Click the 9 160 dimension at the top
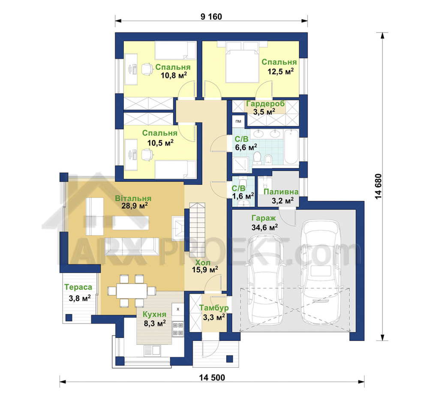pyautogui.click(x=211, y=17)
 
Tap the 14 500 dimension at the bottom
pyautogui.click(x=212, y=378)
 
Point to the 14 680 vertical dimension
pyautogui.click(x=378, y=186)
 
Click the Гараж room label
pyautogui.click(x=264, y=218)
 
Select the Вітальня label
pyautogui.click(x=133, y=198)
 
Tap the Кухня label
pyautogui.click(x=154, y=314)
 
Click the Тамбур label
pyautogui.click(x=214, y=307)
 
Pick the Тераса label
pyautogui.click(x=78, y=287)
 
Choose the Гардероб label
pyautogui.click(x=265, y=104)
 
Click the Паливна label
pyautogui.click(x=281, y=192)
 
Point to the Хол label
pyautogui.click(x=203, y=262)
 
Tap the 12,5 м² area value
pyautogui.click(x=280, y=71)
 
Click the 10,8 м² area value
pyautogui.click(x=174, y=75)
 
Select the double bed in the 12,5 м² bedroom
pyautogui.click(x=242, y=62)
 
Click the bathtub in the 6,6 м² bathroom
pyautogui.click(x=291, y=147)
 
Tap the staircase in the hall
pyautogui.click(x=197, y=230)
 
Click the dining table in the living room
pyautogui.click(x=132, y=291)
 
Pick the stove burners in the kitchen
pyautogui.click(x=178, y=329)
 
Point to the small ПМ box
pyautogui.click(x=238, y=121)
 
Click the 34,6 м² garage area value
pyautogui.click(x=265, y=227)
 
